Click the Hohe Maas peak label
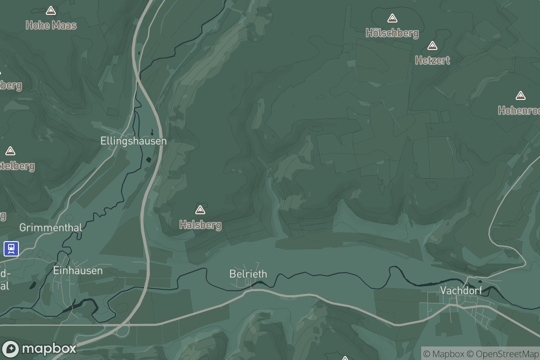[51, 25]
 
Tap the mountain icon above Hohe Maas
[51, 10]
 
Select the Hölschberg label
[392, 33]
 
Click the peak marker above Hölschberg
[392, 18]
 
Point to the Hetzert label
[432, 60]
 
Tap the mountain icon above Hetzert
[432, 45]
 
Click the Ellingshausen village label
[133, 141]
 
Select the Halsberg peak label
[200, 225]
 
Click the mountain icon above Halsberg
[200, 210]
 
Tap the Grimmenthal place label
[51, 228]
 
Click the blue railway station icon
[11, 248]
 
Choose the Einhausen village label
[78, 270]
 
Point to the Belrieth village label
[248, 274]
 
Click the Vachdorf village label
[461, 290]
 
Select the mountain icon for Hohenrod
[521, 95]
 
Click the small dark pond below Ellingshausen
[148, 160]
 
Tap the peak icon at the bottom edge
[345, 358]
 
